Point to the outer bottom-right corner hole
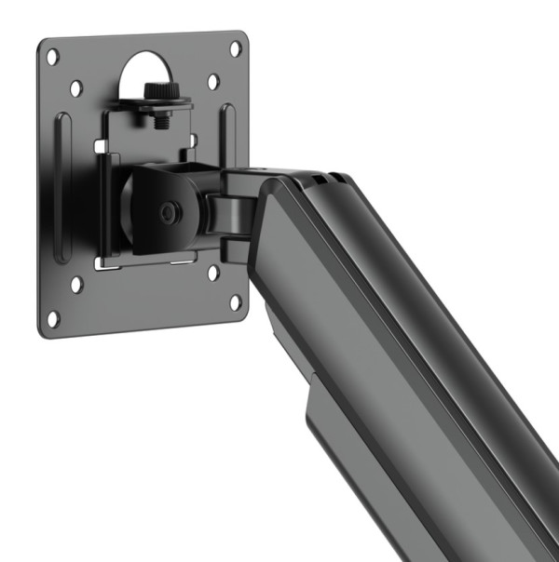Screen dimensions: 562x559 (x=236, y=301)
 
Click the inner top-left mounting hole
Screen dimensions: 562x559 (x=75, y=87)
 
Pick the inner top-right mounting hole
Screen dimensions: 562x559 (x=213, y=81)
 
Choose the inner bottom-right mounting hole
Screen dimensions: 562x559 (x=213, y=273)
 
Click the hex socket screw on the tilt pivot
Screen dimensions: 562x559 (x=168, y=213)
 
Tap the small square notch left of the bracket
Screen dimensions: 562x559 (x=97, y=145)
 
